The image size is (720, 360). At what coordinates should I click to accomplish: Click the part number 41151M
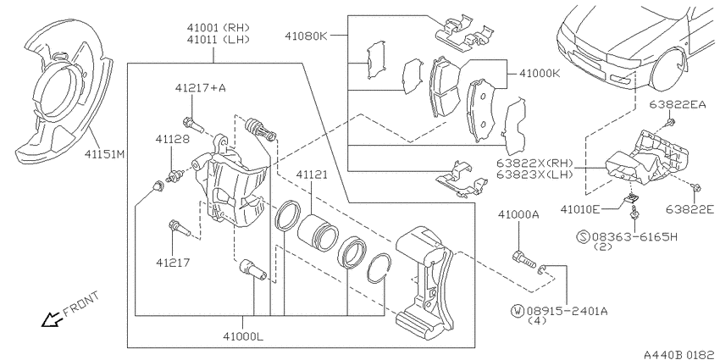point(104,154)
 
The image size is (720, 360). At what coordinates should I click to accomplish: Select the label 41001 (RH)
point(218,28)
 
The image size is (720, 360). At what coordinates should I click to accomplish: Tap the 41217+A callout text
point(200,88)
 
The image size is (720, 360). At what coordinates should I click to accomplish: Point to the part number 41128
point(172,139)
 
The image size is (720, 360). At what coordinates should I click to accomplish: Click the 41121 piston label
point(312,174)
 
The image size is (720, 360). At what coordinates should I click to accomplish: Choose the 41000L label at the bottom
point(243,336)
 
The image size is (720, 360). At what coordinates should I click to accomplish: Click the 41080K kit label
point(305,36)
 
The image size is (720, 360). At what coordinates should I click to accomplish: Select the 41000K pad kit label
point(540,74)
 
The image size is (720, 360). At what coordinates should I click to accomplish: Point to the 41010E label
point(579,210)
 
